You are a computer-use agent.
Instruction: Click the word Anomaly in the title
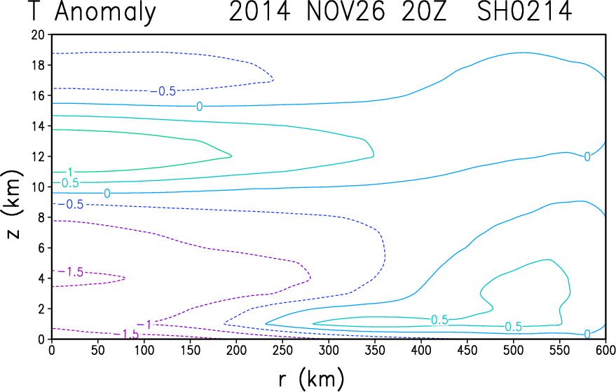tap(105, 12)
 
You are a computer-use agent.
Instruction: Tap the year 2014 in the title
tap(259, 11)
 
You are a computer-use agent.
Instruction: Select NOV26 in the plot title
tap(345, 11)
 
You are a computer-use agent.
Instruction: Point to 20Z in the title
tap(424, 11)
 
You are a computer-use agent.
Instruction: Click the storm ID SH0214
tap(524, 11)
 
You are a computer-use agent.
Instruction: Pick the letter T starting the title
tap(35, 12)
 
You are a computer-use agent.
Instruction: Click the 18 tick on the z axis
tap(39, 65)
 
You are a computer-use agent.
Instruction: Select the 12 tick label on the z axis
tap(39, 156)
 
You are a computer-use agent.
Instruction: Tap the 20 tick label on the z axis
tap(39, 34)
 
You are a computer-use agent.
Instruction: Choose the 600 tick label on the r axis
tap(604, 350)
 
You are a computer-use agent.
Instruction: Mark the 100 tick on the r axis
tap(144, 350)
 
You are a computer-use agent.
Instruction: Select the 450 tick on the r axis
tap(467, 350)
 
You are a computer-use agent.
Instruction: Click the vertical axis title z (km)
tap(13, 204)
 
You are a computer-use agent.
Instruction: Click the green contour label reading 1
tap(70, 173)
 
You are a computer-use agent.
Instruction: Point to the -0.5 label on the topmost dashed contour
tap(164, 91)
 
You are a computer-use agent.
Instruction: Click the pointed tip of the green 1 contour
tap(232, 156)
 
